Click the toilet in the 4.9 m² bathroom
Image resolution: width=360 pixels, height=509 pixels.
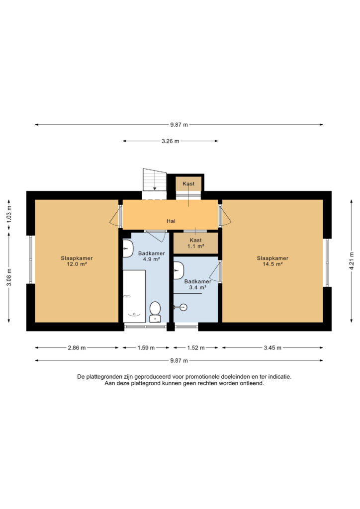pos(155,312)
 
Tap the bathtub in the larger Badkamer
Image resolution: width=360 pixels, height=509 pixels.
pos(134,296)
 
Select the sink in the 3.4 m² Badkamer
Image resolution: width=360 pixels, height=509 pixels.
pos(179,270)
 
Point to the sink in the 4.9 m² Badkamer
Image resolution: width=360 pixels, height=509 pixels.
pos(128,249)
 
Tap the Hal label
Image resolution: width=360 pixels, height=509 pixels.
pos(171,221)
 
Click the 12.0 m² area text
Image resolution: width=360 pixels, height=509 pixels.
pos(77,264)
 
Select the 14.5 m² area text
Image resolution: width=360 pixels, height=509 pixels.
pos(272,264)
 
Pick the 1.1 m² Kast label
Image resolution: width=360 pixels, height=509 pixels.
pos(195,243)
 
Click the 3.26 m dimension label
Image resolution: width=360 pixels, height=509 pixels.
pos(171,141)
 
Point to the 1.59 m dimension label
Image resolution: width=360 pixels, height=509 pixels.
pos(146,347)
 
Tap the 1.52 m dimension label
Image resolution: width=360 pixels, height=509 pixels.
pos(196,347)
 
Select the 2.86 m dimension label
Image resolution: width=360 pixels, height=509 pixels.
pos(77,347)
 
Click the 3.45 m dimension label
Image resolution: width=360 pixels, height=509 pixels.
pos(272,347)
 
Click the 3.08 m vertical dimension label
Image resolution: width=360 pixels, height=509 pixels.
pos(9,277)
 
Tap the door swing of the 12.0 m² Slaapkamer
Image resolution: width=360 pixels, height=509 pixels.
pos(114,217)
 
